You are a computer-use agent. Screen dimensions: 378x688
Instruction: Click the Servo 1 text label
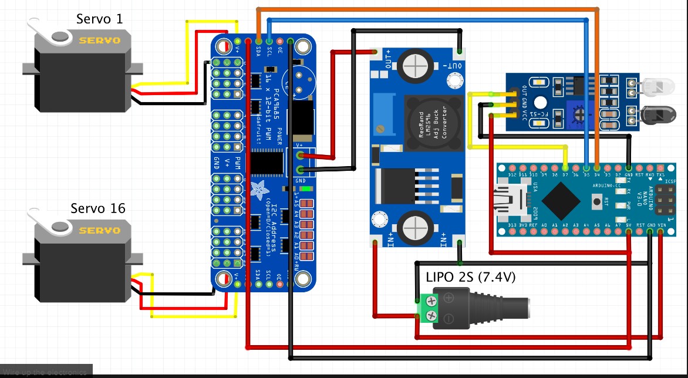[x=100, y=19]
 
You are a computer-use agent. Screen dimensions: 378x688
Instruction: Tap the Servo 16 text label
[x=98, y=208]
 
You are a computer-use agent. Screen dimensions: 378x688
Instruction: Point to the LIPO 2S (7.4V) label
[x=471, y=277]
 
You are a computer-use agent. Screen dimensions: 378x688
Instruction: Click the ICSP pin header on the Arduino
[x=663, y=201]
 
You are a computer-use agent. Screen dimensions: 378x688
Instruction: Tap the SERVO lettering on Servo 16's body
[x=100, y=230]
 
